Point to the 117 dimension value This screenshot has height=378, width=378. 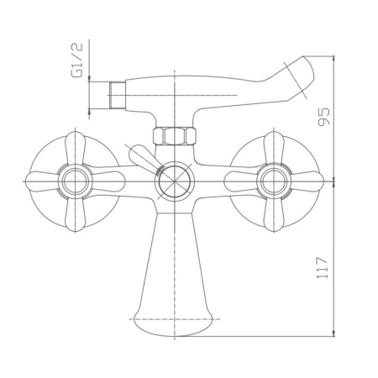click(x=326, y=266)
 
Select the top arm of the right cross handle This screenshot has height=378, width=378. click(x=275, y=144)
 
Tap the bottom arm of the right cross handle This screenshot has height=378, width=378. click(x=275, y=215)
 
